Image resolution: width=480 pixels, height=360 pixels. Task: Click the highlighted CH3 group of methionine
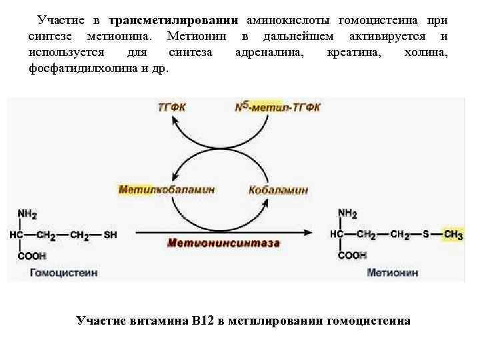(453, 234)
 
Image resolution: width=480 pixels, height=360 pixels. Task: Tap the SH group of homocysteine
(111, 234)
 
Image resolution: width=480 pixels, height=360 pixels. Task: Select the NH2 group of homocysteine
(27, 214)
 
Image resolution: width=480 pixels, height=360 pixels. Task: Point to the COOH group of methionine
(353, 255)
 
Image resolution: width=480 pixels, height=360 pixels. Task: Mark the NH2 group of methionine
(347, 214)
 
